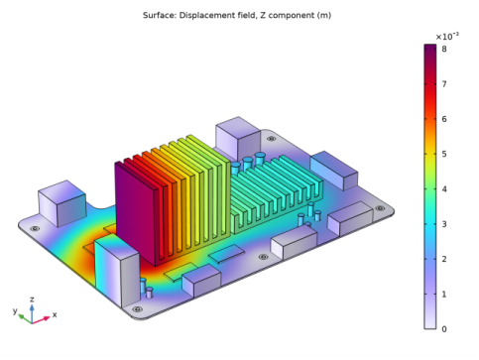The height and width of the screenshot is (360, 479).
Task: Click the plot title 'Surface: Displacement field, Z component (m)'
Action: click(x=237, y=15)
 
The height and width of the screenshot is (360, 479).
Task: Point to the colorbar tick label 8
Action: click(x=444, y=49)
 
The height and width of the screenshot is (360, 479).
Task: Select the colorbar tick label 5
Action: click(x=444, y=154)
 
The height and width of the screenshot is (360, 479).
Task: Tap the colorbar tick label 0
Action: click(x=444, y=329)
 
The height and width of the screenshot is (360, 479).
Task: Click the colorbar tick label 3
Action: click(x=444, y=224)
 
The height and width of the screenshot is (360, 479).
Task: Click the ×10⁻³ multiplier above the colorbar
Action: click(x=447, y=36)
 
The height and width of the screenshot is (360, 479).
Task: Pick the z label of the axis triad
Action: click(x=32, y=300)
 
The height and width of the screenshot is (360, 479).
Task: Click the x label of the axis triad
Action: click(x=55, y=314)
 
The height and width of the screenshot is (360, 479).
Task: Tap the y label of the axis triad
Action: click(x=15, y=310)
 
